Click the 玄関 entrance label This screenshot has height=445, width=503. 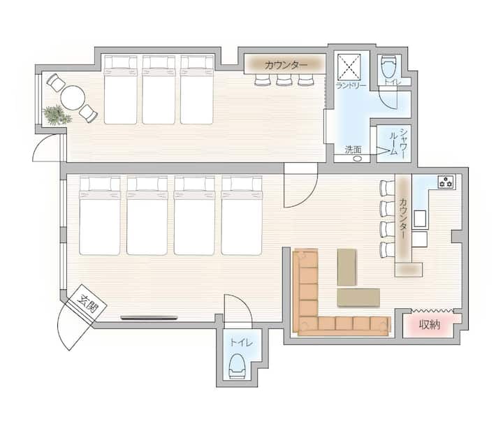pyautogui.click(x=87, y=303)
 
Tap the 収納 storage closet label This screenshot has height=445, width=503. pyautogui.click(x=430, y=325)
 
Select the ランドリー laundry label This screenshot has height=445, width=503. pyautogui.click(x=351, y=86)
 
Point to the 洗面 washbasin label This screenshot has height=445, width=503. pyautogui.click(x=353, y=149)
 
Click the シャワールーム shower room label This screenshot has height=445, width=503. pyautogui.click(x=398, y=142)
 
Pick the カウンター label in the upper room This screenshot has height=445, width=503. pyautogui.click(x=286, y=65)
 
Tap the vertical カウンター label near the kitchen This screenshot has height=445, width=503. pyautogui.click(x=403, y=218)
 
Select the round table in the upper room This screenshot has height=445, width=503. pyautogui.click(x=73, y=98)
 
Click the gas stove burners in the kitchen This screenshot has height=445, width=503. pyautogui.click(x=446, y=182)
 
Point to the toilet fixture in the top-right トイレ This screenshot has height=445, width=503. pyautogui.click(x=389, y=67)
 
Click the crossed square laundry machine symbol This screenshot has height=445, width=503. pyautogui.click(x=349, y=66)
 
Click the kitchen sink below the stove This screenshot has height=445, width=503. pyautogui.click(x=420, y=219)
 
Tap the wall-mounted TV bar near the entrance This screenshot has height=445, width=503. pyautogui.click(x=150, y=318)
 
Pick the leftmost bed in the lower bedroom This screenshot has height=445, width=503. pyautogui.click(x=100, y=216)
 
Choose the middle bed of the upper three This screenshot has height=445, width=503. pyautogui.click(x=159, y=90)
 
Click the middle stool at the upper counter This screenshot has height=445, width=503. pyautogui.click(x=284, y=80)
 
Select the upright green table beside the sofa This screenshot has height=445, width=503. pyautogui.click(x=347, y=267)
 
